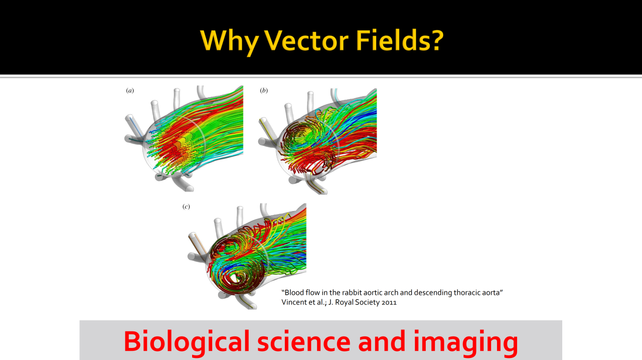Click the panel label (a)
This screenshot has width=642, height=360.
(x=130, y=91)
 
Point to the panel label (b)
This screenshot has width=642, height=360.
(x=264, y=91)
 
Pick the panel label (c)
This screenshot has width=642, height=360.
(x=186, y=207)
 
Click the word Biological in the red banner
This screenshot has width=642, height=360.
(x=187, y=342)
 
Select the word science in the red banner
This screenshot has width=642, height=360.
(x=304, y=341)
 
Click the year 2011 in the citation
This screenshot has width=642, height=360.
(x=389, y=302)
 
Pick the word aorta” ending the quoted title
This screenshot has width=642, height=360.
(x=494, y=293)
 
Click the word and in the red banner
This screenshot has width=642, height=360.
(x=382, y=341)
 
